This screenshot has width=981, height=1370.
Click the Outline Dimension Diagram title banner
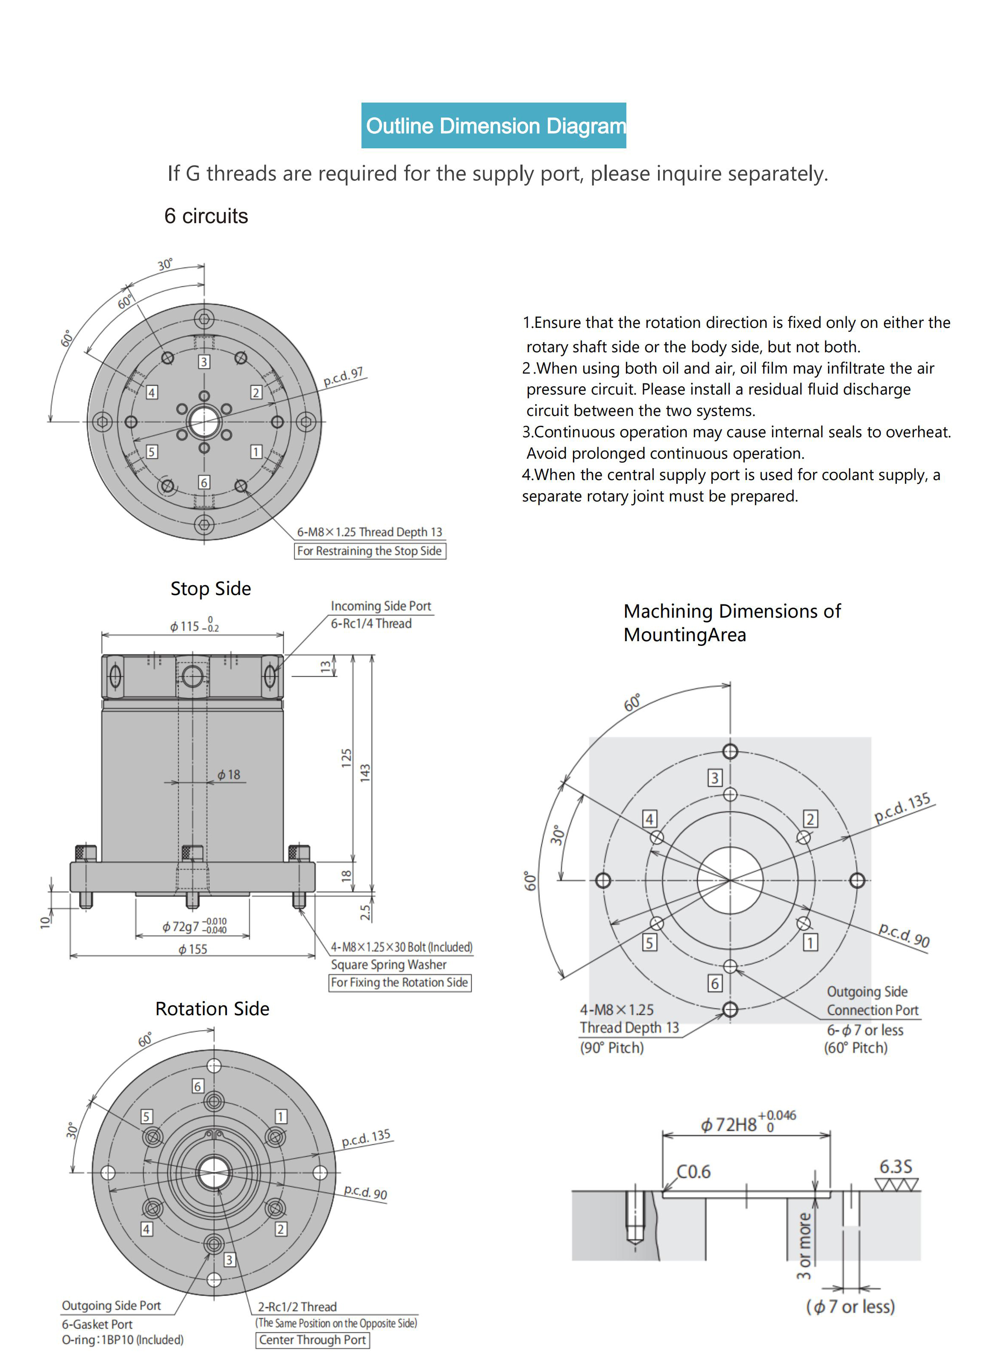(x=493, y=126)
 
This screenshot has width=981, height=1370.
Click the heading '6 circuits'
(x=206, y=215)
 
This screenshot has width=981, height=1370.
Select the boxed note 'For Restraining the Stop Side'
(x=370, y=551)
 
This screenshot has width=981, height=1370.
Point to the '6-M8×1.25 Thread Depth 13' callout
(x=370, y=532)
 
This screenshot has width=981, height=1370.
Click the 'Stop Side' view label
(x=211, y=588)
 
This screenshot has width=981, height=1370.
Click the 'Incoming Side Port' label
(x=381, y=606)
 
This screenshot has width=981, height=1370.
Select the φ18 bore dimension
(x=229, y=775)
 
